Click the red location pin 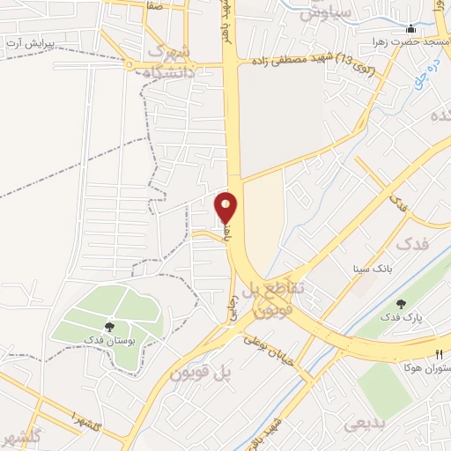(226, 206)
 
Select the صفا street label (155, 4)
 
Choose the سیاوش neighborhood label (326, 13)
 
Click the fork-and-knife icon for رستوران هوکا (439, 353)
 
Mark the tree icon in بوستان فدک (109, 326)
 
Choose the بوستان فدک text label (107, 339)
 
